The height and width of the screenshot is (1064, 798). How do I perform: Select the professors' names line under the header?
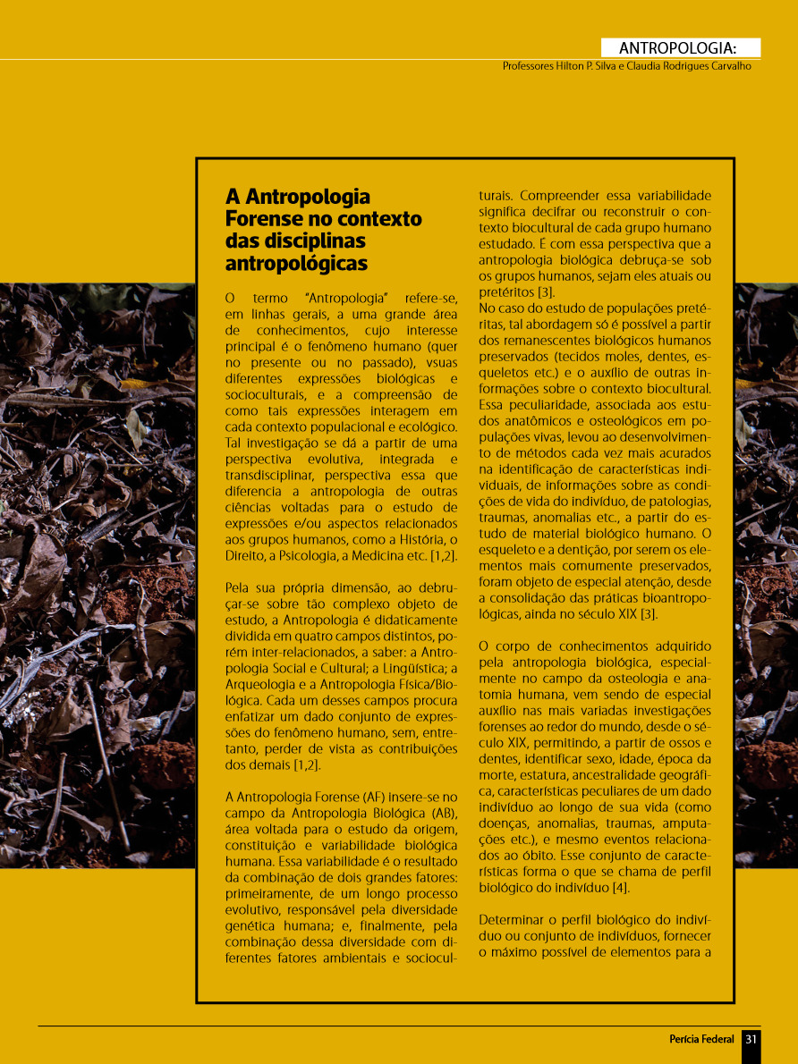coord(626,66)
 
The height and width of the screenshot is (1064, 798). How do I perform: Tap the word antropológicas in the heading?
coord(296,264)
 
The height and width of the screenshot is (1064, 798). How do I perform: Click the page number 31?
coord(751,1039)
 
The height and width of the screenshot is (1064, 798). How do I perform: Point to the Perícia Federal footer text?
coord(701,1039)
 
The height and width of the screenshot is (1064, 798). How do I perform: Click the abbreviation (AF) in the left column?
coord(377,796)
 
